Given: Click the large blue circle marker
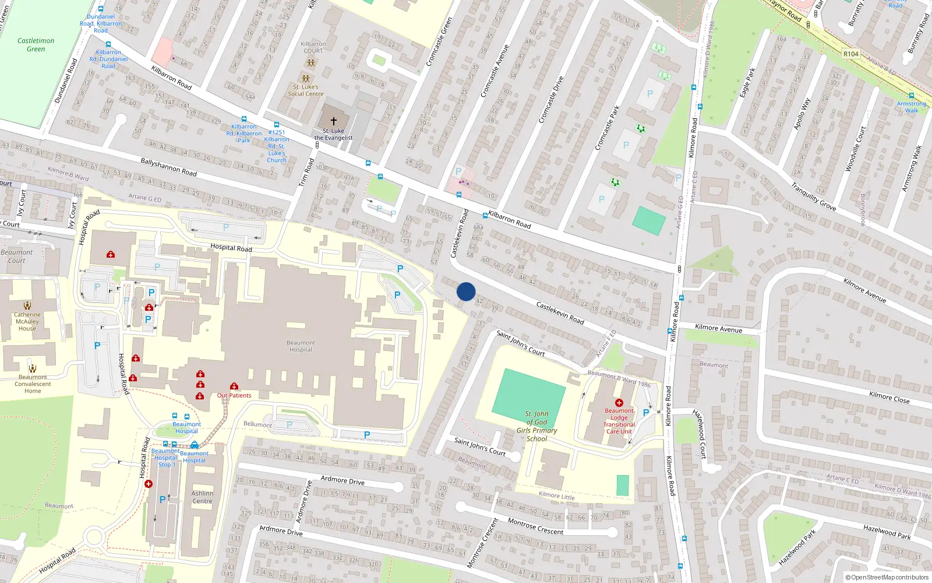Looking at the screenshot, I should (x=466, y=291).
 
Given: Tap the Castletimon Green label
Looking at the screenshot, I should (x=36, y=45).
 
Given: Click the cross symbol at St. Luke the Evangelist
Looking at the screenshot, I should (x=334, y=121).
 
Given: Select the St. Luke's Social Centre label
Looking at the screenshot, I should (x=305, y=90).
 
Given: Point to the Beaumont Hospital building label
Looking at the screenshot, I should (x=301, y=346).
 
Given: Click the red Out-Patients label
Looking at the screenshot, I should (x=234, y=395).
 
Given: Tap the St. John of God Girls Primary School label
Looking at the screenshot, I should (x=536, y=426).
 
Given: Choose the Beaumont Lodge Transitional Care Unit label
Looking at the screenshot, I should (x=619, y=421).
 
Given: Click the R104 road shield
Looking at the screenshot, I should (x=851, y=54).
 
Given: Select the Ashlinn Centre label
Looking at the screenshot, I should (x=202, y=497).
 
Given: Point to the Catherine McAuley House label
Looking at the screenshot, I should (x=27, y=321).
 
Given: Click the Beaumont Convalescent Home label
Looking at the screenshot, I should (x=33, y=384).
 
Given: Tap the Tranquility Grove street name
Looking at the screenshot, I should (x=813, y=196).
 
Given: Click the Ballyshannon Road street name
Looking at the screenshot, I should (x=168, y=167).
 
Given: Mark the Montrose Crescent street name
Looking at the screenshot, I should (x=535, y=526).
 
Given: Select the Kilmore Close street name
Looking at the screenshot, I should (x=889, y=398).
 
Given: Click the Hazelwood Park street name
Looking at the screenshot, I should (x=887, y=531).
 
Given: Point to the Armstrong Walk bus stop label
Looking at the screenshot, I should (x=911, y=107).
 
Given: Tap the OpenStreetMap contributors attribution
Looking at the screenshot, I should (x=887, y=578).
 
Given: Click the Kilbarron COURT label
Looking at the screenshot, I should (x=313, y=47).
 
